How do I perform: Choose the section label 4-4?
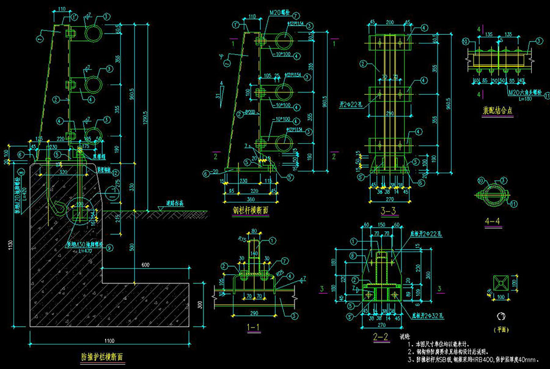(x=491, y=217)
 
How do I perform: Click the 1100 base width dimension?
(x=109, y=340)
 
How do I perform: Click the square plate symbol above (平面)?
(x=500, y=283)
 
